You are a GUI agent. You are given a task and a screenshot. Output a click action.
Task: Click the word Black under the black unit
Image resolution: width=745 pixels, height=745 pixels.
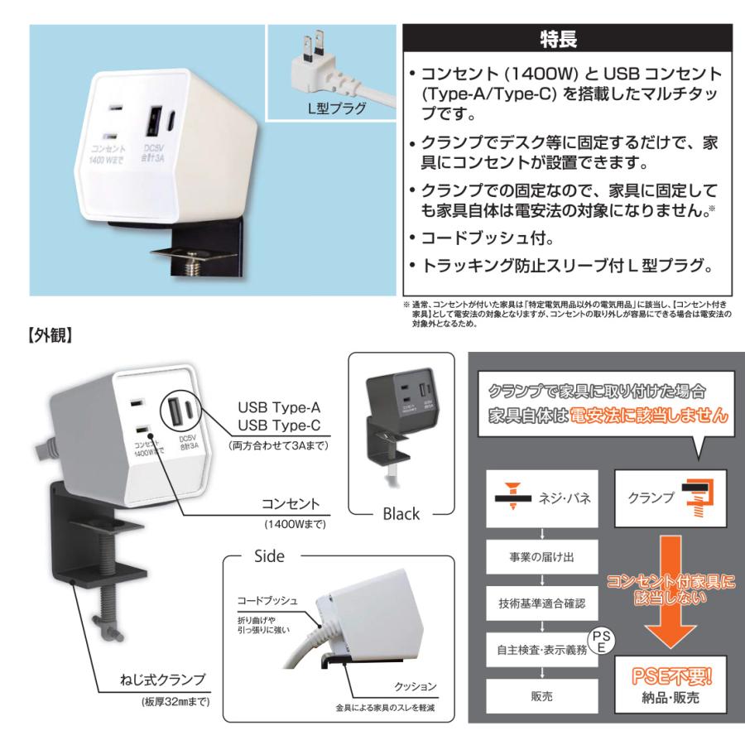[401, 513]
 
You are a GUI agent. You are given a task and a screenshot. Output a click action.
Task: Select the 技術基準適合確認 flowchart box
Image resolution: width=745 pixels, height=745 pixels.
[541, 603]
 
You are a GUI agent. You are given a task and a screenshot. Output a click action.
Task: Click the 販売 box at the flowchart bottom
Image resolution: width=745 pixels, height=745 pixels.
[541, 696]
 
